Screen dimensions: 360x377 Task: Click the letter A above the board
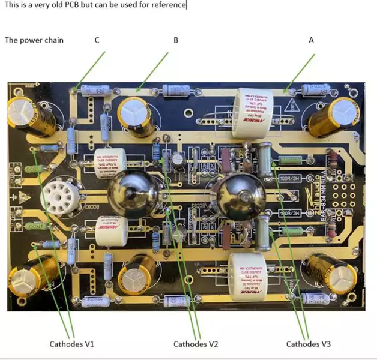311,40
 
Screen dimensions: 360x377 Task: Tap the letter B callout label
176,40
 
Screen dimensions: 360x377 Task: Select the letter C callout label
97,40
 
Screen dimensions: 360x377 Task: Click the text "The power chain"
34,40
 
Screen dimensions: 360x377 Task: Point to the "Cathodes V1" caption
71,344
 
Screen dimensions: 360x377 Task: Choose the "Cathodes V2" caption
196,344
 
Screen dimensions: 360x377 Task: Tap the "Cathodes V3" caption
308,344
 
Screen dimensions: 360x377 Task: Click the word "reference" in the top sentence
169,5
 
